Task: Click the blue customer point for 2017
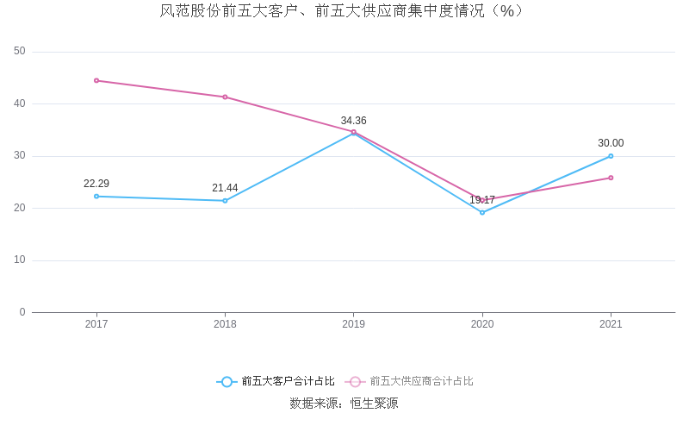pos(96,197)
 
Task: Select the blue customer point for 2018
pos(225,201)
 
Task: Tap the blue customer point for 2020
pos(482,212)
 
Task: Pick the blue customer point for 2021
pos(611,156)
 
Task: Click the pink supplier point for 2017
pos(96,80)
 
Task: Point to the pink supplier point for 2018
pos(225,97)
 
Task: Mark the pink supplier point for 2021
pos(611,178)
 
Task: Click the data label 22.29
pos(96,184)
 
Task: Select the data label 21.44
pos(225,188)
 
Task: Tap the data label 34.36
pos(353,121)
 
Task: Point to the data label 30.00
pos(611,143)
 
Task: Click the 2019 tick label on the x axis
pos(353,324)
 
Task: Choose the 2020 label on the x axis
pos(482,324)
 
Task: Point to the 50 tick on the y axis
pos(20,52)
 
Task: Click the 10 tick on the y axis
pos(20,260)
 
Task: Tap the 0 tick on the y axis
pos(22,312)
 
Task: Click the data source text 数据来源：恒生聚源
pos(344,404)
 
